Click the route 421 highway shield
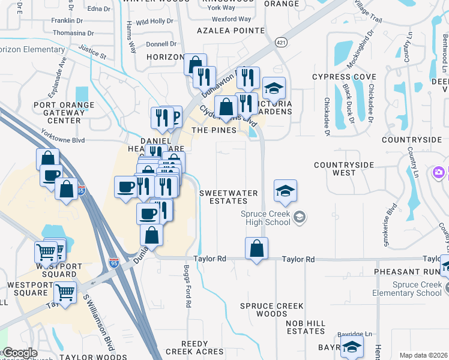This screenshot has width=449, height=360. tap(281, 42)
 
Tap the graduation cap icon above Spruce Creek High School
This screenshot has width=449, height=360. tap(286, 191)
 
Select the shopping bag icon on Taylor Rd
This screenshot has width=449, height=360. tap(256, 248)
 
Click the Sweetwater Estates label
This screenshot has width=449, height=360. tap(228, 197)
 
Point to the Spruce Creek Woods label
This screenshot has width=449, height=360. tap(271, 310)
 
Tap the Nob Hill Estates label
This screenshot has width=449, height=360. tap(306, 327)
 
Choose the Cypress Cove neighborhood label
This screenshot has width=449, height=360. tap(344, 77)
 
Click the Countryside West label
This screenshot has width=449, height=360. tap(344, 169)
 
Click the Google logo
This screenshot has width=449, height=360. tap(20, 353)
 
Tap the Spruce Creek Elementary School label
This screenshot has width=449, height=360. tap(416, 289)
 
